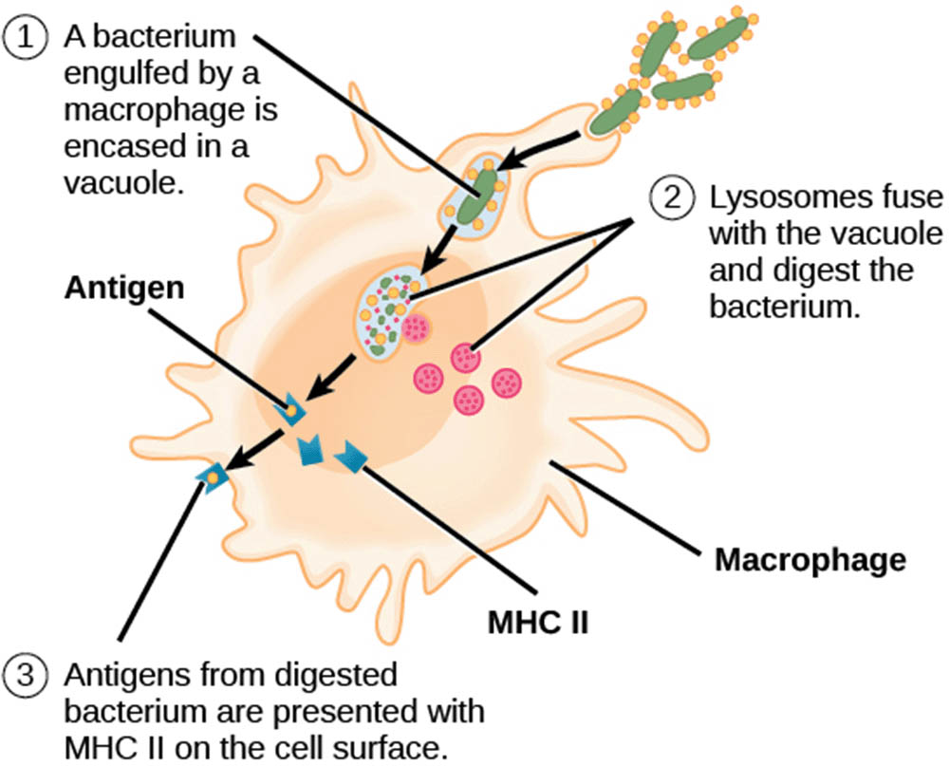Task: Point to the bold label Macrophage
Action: click(x=809, y=561)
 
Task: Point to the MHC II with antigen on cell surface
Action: click(x=211, y=474)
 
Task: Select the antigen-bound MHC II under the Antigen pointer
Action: click(x=290, y=411)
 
